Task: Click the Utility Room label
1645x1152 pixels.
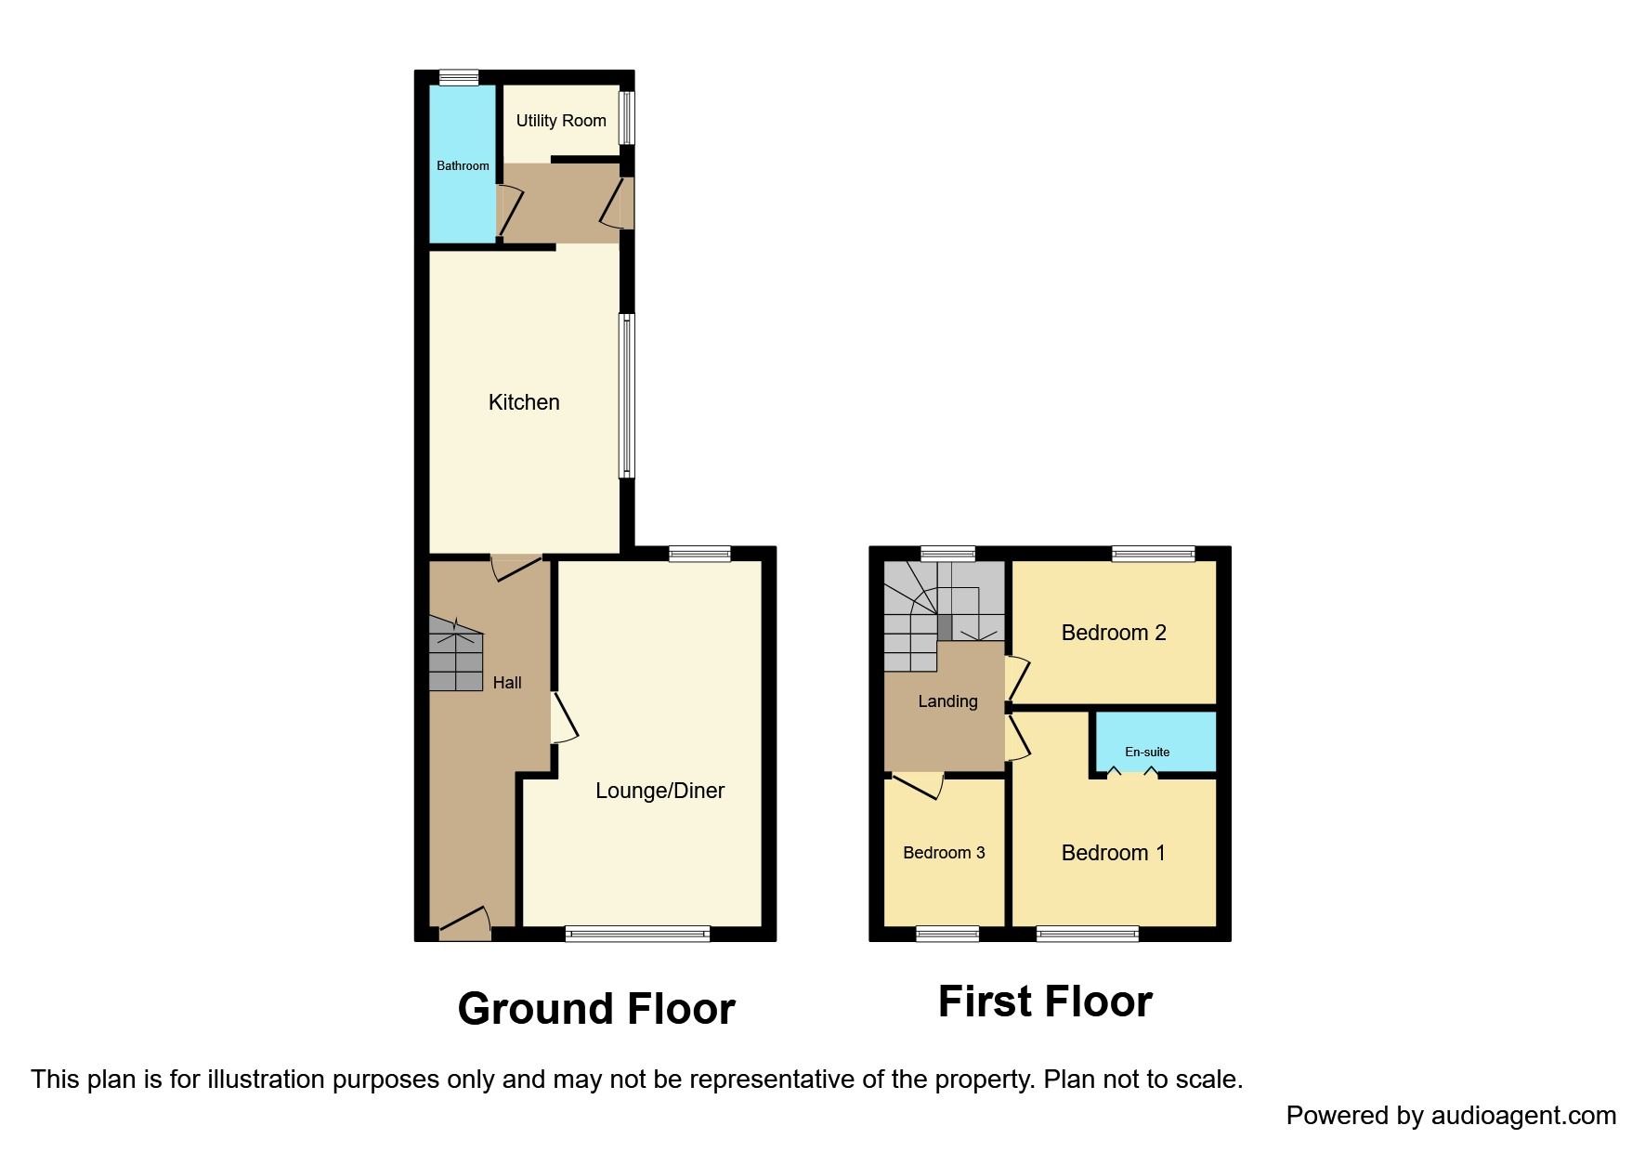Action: [561, 121]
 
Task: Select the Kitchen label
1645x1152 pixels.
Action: [524, 402]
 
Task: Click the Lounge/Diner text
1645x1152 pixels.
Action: [659, 791]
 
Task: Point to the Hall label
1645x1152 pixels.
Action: [507, 683]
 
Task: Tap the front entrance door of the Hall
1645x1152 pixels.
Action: [464, 923]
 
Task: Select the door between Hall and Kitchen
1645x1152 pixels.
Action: [515, 566]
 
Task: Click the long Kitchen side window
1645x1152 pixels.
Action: [628, 396]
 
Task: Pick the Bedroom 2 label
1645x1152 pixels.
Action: [1114, 633]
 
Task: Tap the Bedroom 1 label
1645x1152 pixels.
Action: [1113, 853]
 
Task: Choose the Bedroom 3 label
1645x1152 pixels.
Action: [944, 853]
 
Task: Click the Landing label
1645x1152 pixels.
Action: [947, 701]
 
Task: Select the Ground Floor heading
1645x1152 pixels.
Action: [596, 1009]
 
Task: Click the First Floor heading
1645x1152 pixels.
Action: [1045, 1001]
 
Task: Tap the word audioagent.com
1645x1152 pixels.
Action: [1523, 1116]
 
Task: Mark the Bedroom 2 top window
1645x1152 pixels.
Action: [1154, 555]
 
